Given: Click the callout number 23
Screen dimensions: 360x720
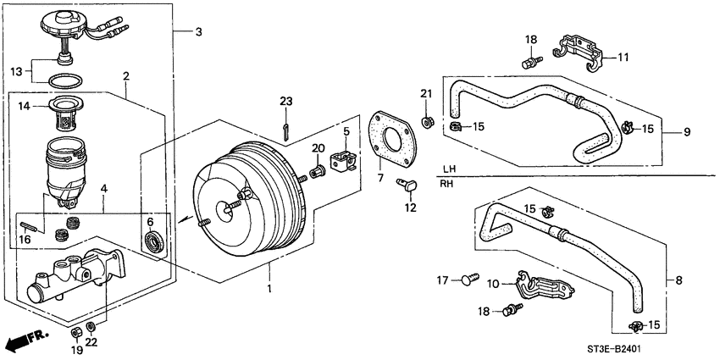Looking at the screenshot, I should coord(285,102).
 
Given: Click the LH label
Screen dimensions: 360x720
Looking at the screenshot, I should coord(449,168).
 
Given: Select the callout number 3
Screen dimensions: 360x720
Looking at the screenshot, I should coord(198,32).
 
